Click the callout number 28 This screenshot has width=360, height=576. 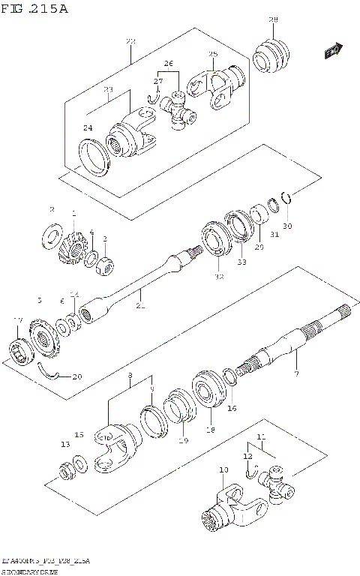[x=273, y=19]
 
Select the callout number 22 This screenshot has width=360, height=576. [x=130, y=40]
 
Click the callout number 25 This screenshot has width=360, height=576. [x=213, y=54]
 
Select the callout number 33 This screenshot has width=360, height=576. [x=241, y=262]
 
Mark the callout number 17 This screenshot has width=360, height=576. [x=18, y=321]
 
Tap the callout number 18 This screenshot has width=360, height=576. [x=210, y=430]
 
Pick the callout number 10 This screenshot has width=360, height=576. [x=223, y=470]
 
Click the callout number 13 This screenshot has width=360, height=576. [x=65, y=445]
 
